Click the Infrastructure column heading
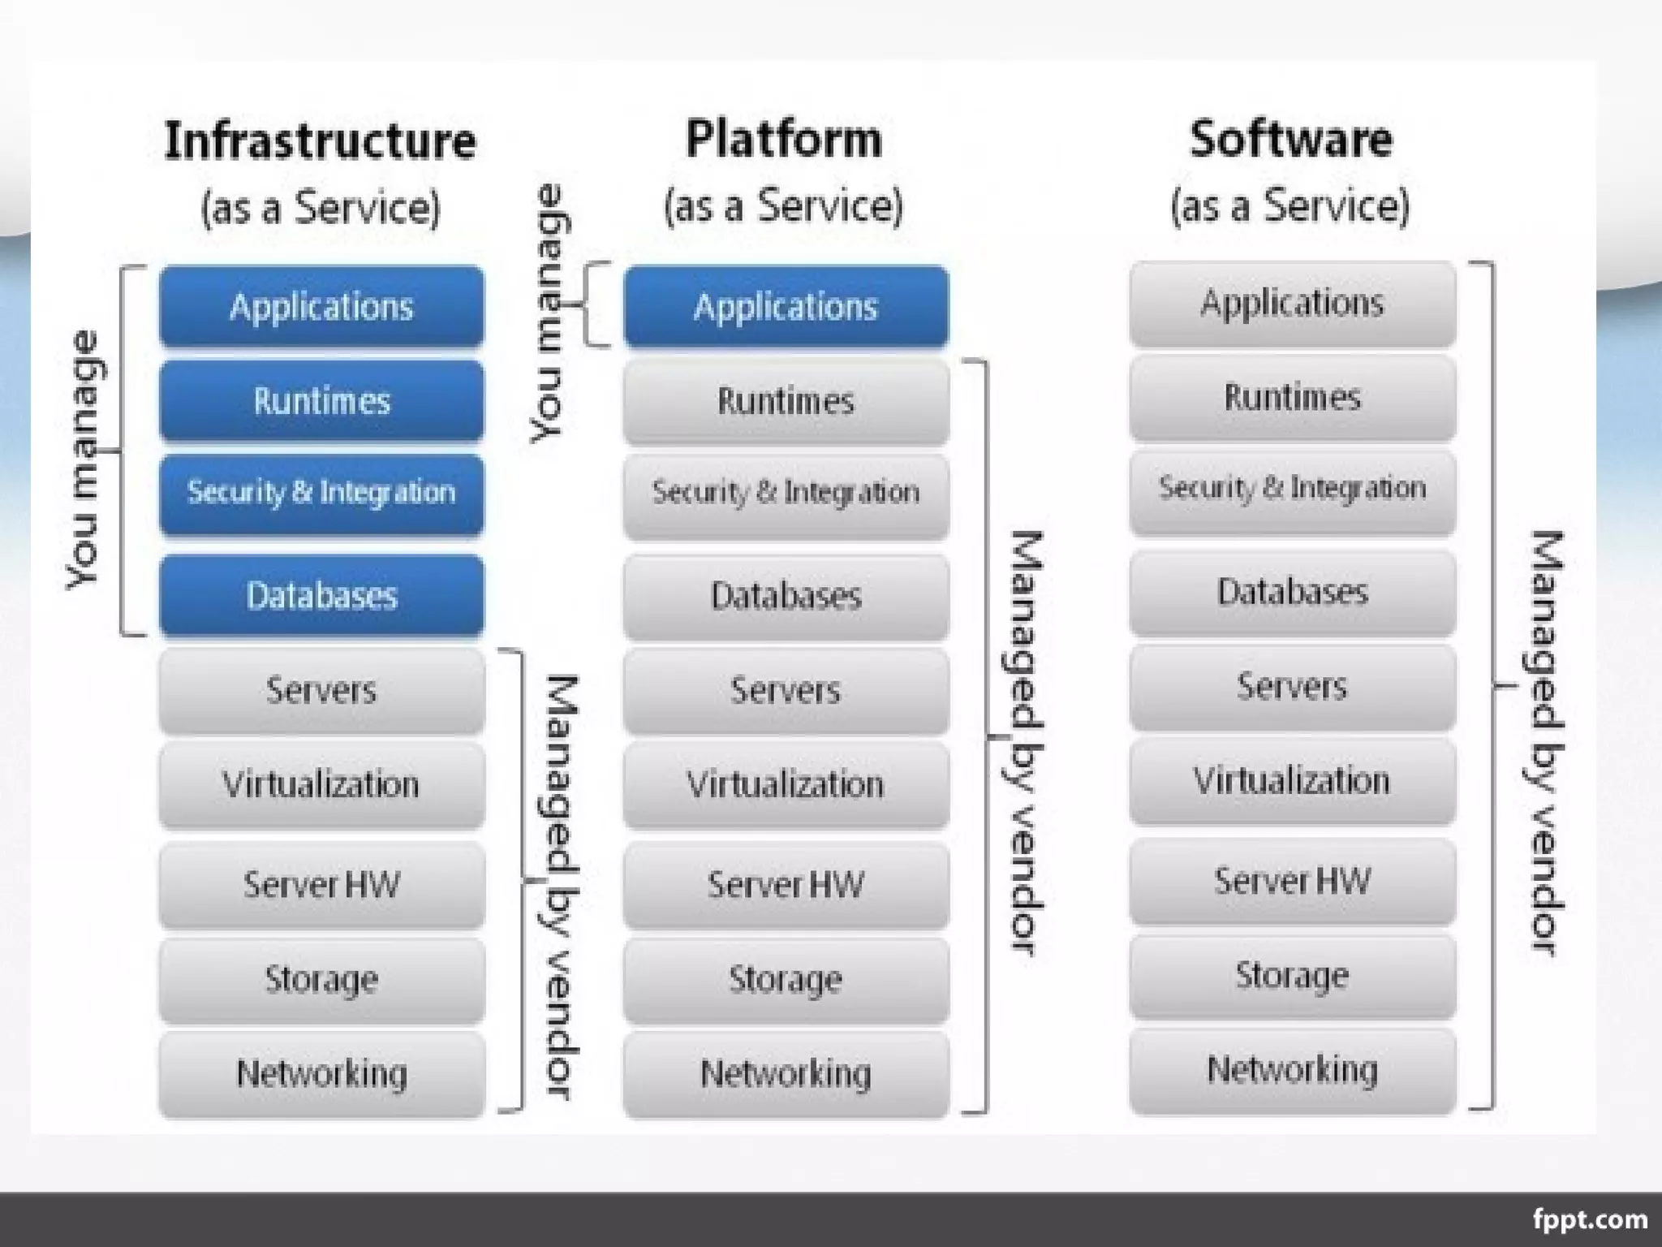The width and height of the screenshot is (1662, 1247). pyautogui.click(x=320, y=141)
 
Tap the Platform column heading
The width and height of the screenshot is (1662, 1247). pyautogui.click(x=783, y=140)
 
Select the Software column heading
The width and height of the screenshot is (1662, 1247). pyautogui.click(x=1290, y=140)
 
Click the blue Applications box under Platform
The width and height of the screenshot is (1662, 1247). pyautogui.click(x=786, y=307)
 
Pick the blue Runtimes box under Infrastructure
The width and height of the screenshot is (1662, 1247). pyautogui.click(x=321, y=401)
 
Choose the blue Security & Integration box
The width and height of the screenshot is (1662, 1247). pyautogui.click(x=321, y=493)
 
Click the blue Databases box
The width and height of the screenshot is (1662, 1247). pyautogui.click(x=321, y=595)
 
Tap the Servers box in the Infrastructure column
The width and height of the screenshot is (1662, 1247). pyautogui.click(x=321, y=690)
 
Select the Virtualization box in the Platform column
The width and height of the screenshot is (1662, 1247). pyautogui.click(x=786, y=784)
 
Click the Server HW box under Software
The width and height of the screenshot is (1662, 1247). pyautogui.click(x=1292, y=881)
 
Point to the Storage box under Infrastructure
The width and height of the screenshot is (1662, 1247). pyautogui.click(x=321, y=978)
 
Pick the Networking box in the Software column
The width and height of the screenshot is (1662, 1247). pyautogui.click(x=1292, y=1069)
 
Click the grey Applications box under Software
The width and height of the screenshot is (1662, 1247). pyautogui.click(x=1292, y=303)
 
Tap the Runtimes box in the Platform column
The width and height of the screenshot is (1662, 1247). pyautogui.click(x=786, y=401)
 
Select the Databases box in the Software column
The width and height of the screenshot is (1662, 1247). pyautogui.click(x=1292, y=592)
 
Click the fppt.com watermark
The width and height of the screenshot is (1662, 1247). pyautogui.click(x=1590, y=1219)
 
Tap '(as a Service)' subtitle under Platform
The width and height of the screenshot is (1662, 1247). pyautogui.click(x=783, y=205)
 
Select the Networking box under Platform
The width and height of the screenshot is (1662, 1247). pyautogui.click(x=786, y=1073)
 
